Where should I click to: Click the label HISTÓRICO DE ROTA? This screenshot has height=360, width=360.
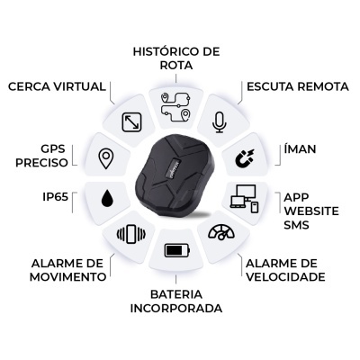pos(176,58)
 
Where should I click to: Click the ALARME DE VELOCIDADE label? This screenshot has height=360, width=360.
pos(285,269)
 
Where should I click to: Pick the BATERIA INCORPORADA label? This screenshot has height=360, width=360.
pos(176,301)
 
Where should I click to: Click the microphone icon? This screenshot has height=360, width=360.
pos(219,122)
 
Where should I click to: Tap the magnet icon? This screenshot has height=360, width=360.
pos(243,159)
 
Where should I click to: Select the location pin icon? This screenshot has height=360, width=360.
pos(107,159)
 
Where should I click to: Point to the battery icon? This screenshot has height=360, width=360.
pos(175,250)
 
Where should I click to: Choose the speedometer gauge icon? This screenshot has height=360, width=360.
pos(220,233)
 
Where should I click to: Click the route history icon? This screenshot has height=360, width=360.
pos(176,107)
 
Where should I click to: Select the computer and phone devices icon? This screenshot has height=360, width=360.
pos(244,198)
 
